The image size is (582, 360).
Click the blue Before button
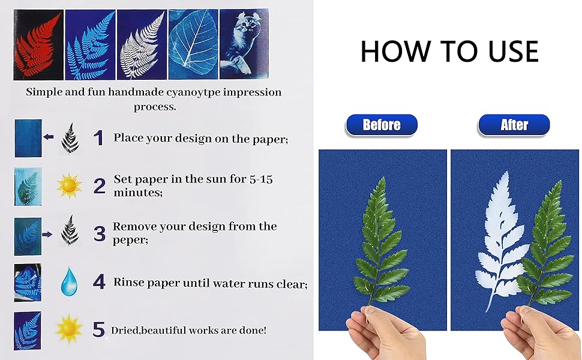click(381, 125)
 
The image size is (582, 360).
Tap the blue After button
click(514, 125)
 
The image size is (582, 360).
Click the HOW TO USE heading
click(449, 52)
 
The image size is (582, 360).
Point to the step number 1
click(98, 138)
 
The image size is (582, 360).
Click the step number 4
click(99, 281)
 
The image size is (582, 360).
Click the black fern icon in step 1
click(70, 138)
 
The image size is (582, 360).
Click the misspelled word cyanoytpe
click(199, 92)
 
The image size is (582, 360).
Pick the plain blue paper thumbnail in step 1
click(28, 138)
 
